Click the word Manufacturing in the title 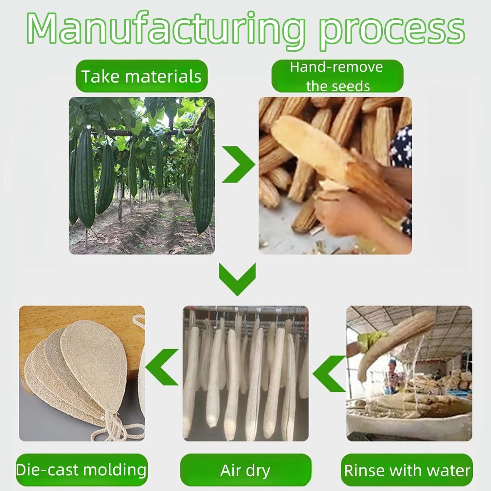pos(167,31)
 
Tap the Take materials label pos(141,76)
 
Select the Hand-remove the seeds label pos(337,76)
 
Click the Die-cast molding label pos(82,470)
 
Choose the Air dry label pos(245,470)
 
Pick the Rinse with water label pos(407,470)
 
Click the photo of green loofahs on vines pos(142,176)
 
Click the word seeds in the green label pos(354,86)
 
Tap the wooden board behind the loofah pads pos(82,327)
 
